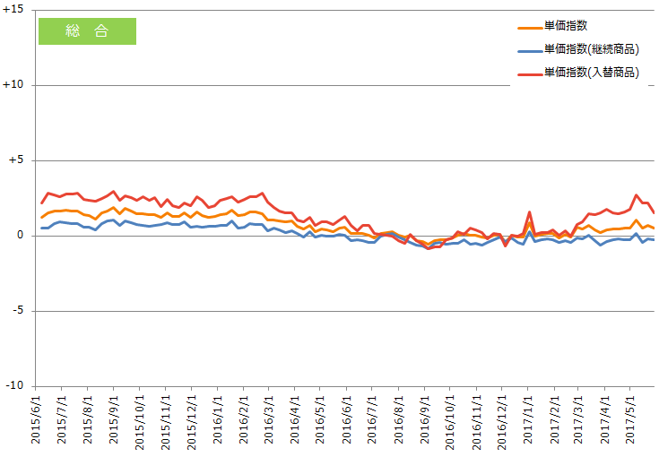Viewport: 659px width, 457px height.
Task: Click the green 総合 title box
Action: tap(87, 31)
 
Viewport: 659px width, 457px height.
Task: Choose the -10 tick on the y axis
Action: tap(15, 385)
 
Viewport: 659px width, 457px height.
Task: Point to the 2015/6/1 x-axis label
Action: tap(36, 420)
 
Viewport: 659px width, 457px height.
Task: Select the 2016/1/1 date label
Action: tap(218, 420)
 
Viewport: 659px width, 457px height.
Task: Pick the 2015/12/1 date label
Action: tap(192, 420)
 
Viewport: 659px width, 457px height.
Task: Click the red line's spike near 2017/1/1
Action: tap(530, 212)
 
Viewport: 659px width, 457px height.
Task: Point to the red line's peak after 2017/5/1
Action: tap(637, 194)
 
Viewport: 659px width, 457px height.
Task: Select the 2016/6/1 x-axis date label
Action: tap(348, 420)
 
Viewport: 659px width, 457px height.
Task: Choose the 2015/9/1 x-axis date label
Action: tap(114, 420)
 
